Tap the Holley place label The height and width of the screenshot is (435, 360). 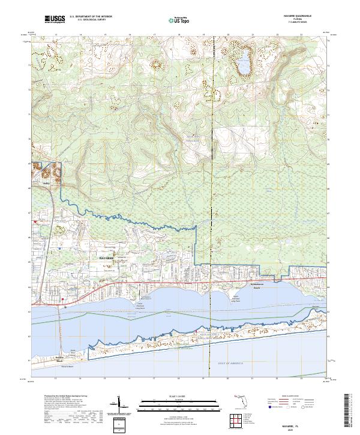point(44,185)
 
